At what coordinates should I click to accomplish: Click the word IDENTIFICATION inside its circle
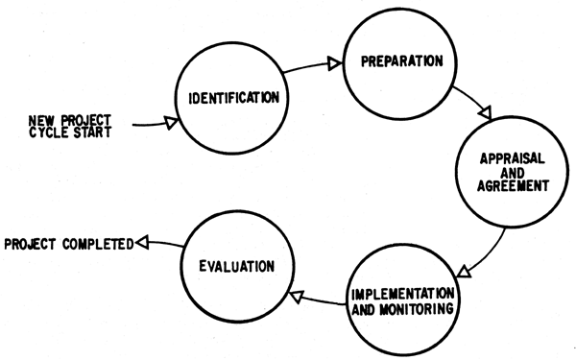point(234,97)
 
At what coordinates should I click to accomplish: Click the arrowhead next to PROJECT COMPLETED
point(141,244)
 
